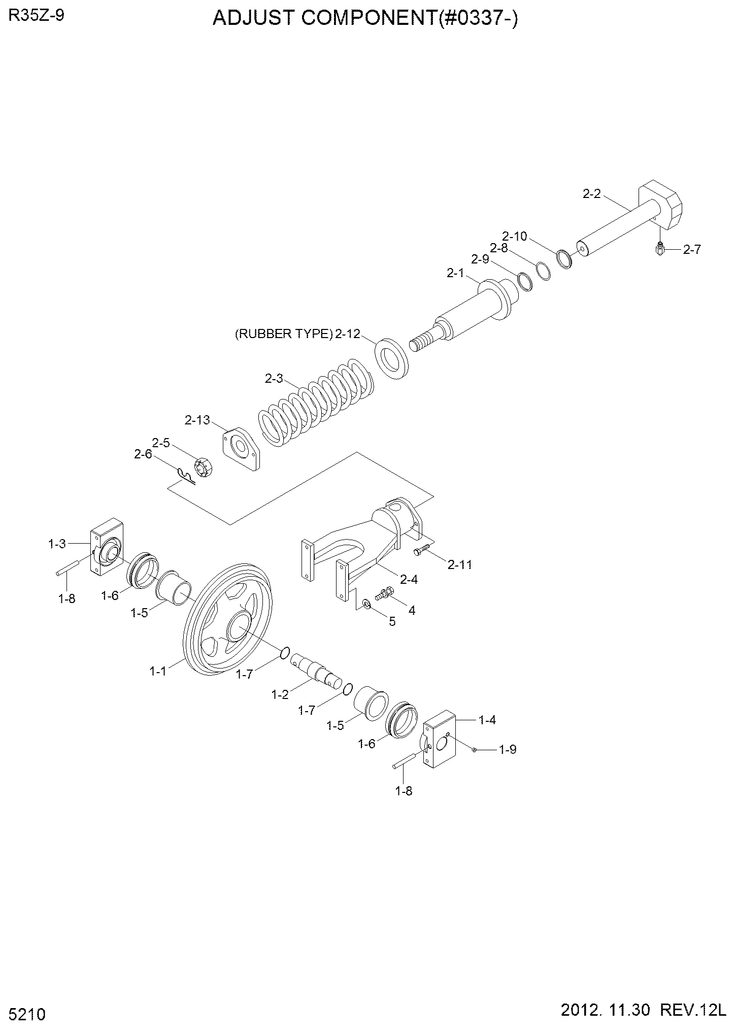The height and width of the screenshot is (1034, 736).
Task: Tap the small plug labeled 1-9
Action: click(474, 750)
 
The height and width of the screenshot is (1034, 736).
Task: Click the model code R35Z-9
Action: click(36, 16)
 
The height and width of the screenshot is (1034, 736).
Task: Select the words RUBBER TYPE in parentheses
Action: click(284, 334)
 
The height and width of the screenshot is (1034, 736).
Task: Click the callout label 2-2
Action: click(592, 193)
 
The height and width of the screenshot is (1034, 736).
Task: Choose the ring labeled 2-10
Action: click(564, 259)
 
